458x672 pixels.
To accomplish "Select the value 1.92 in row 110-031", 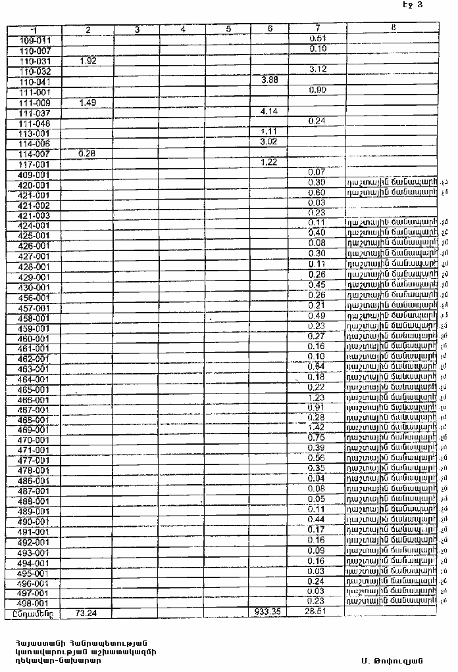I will click(88, 60).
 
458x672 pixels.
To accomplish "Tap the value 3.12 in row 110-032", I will click(318, 70).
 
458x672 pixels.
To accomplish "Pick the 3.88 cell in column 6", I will click(269, 79).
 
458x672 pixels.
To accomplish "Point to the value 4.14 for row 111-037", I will click(269, 111).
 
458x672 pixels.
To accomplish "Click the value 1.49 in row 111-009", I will click(88, 102).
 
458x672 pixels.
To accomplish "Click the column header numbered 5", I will click(228, 29).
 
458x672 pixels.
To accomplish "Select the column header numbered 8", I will click(393, 28).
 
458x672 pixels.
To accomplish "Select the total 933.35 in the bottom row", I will click(267, 612).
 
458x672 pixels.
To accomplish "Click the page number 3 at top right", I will click(420, 5).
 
